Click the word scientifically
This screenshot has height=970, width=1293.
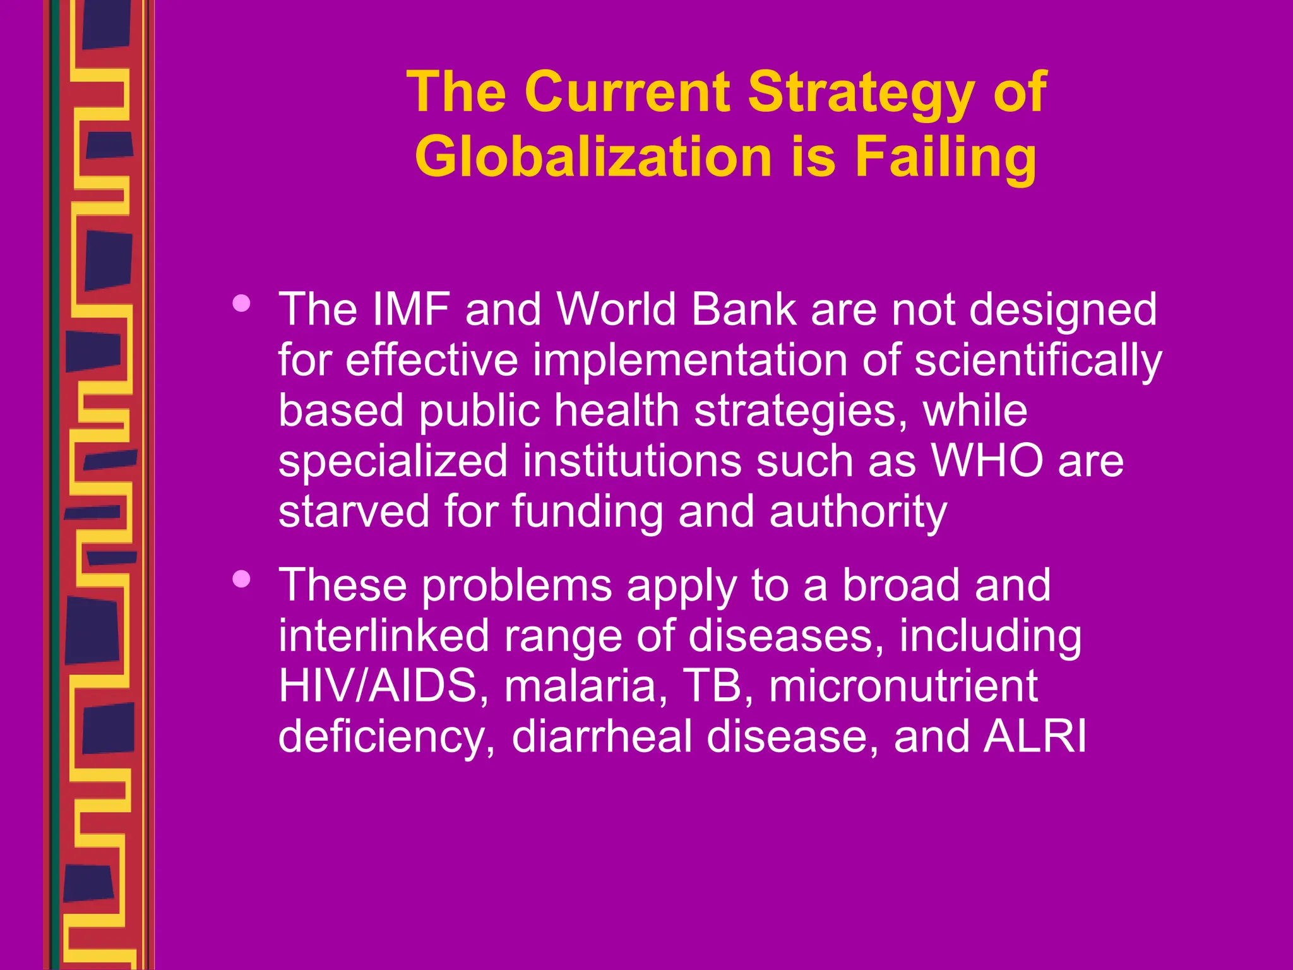1038,361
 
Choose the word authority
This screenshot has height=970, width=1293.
858,512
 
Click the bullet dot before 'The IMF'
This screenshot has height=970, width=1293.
241,304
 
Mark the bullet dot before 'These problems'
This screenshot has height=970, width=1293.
241,579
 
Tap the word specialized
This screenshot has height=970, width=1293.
393,462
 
